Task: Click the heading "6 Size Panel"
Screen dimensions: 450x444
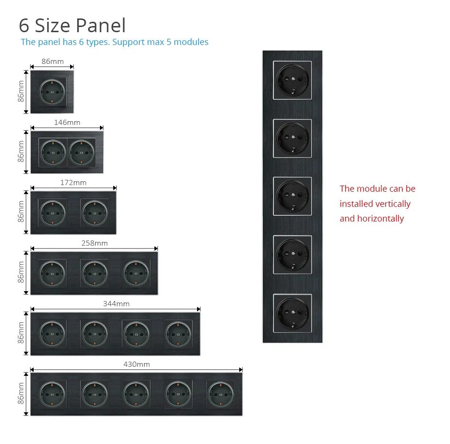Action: click(72, 26)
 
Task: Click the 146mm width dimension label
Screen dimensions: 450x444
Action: click(67, 122)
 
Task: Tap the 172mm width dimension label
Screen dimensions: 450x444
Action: click(73, 182)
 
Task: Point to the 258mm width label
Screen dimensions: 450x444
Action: click(94, 243)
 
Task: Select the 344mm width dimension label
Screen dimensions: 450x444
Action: click(116, 303)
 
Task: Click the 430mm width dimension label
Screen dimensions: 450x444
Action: click(136, 364)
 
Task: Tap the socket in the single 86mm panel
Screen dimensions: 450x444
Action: click(52, 91)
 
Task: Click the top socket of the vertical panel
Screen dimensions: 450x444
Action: click(292, 80)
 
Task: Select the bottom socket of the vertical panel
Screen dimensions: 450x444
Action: click(292, 312)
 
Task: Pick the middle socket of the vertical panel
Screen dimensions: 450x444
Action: click(292, 195)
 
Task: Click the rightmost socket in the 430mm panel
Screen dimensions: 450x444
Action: click(221, 394)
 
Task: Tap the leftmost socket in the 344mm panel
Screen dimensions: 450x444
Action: click(52, 333)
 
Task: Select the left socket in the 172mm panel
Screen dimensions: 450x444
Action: click(52, 212)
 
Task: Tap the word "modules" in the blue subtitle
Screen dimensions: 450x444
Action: click(191, 42)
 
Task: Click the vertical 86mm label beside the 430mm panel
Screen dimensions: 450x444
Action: click(21, 393)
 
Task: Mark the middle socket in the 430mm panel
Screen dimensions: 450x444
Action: click(136, 394)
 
